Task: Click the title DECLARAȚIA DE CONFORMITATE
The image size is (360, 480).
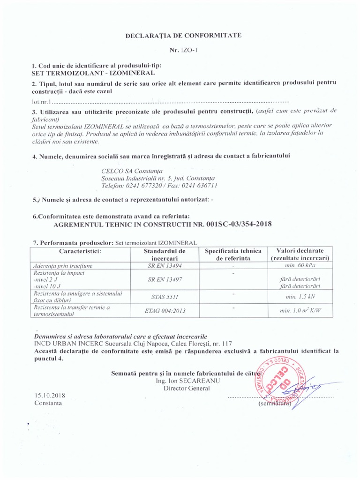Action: [180, 35]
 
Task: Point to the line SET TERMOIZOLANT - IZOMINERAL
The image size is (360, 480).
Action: [93, 73]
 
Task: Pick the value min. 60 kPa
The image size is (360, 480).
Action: [300, 265]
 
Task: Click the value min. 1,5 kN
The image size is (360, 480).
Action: [300, 297]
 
